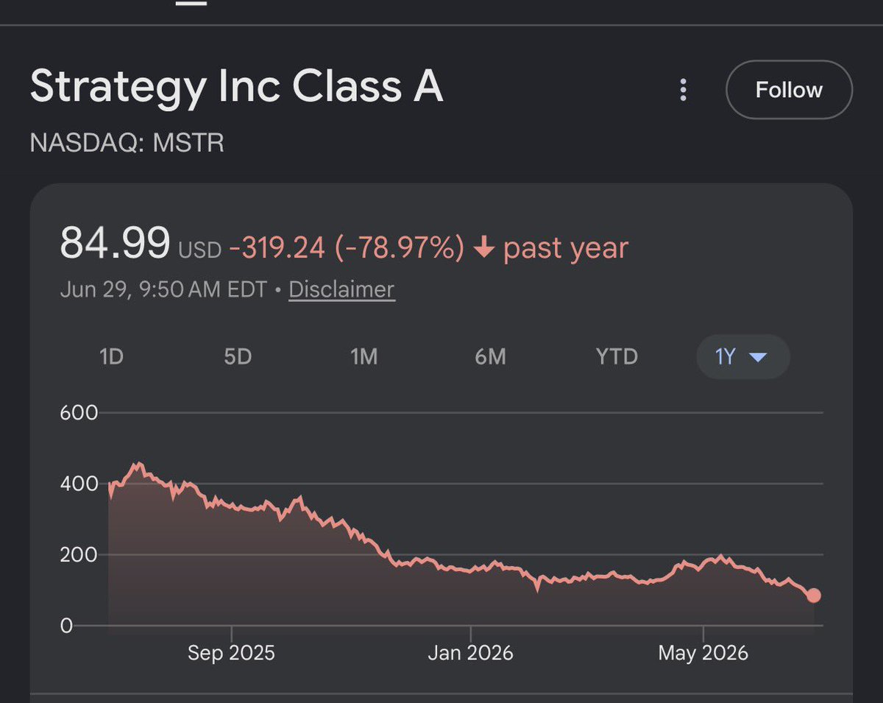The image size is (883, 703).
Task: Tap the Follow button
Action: (789, 90)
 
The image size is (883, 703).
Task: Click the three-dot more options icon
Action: (683, 90)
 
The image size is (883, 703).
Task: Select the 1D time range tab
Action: (111, 356)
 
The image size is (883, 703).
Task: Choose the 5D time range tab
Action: (238, 356)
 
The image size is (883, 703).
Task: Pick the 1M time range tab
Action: (364, 356)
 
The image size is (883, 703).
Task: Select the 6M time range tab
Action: (490, 356)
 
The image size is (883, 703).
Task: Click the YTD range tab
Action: (617, 356)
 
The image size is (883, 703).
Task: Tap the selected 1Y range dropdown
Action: (743, 356)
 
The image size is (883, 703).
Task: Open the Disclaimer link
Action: (341, 289)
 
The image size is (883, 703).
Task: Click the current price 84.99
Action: (115, 243)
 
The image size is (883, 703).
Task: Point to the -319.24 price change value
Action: (277, 247)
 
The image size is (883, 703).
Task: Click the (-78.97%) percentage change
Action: (400, 247)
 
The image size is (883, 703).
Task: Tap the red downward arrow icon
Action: (484, 247)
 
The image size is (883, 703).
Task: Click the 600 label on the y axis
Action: (79, 413)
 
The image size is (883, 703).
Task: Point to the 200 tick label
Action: (79, 555)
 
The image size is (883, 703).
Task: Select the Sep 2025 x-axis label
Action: (231, 653)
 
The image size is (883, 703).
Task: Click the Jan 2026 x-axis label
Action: (470, 653)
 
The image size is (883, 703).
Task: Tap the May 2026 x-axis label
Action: (703, 653)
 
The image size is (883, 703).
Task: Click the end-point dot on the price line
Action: (814, 596)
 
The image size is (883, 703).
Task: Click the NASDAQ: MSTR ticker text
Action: (127, 143)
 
